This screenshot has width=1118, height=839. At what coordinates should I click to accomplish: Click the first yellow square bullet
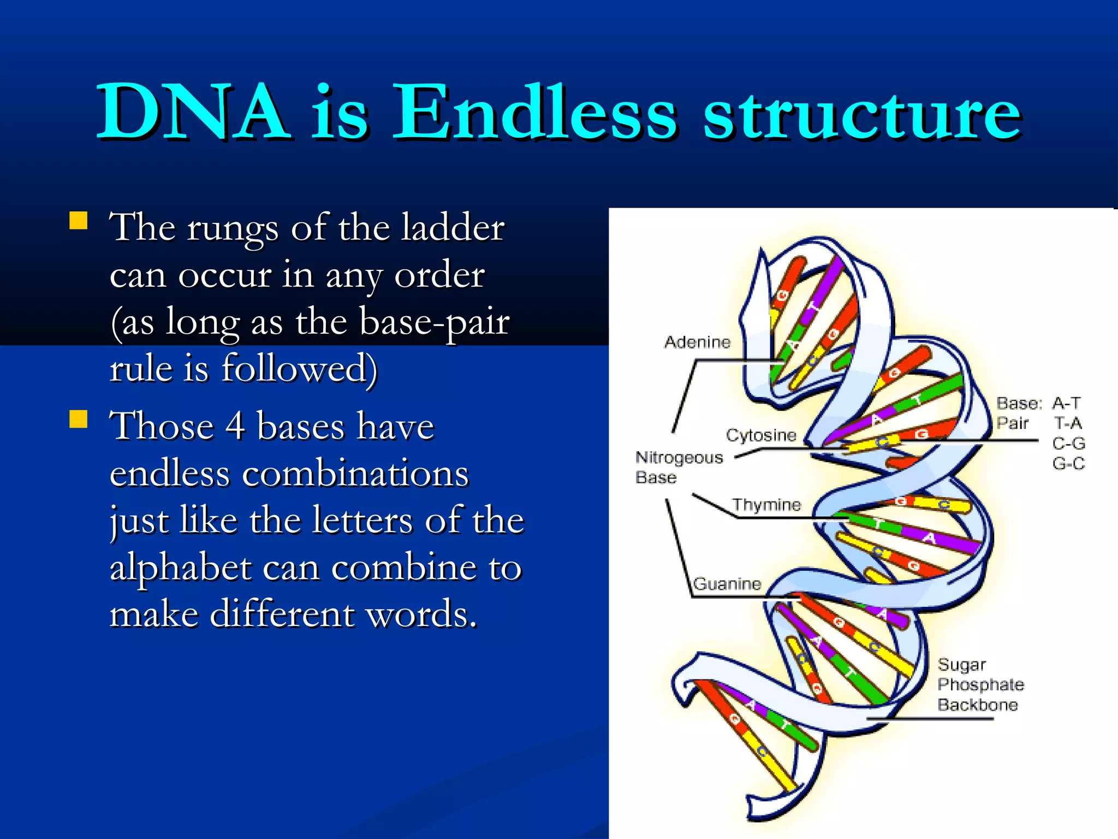pos(79,221)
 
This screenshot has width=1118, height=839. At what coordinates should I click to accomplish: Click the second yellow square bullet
pos(79,419)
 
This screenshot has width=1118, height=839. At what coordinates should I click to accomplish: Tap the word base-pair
pos(435,322)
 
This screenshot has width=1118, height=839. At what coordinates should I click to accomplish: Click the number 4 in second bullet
pos(235,426)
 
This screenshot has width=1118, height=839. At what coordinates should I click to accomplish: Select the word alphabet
pos(180,568)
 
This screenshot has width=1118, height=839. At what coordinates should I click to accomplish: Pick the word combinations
pos(355,474)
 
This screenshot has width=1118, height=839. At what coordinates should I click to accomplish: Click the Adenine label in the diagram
pos(697,342)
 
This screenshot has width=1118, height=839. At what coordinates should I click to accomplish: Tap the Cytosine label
pos(760,435)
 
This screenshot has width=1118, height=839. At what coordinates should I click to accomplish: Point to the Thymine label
pos(766,505)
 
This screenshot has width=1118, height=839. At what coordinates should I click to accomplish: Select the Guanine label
pos(727,584)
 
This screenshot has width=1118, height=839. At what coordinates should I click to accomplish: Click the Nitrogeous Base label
pos(678,467)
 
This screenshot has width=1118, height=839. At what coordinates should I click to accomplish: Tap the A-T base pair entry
pos(1066,403)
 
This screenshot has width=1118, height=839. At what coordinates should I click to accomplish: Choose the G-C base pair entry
pos(1068,464)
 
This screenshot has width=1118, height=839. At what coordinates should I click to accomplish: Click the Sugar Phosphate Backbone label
pos(980,684)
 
